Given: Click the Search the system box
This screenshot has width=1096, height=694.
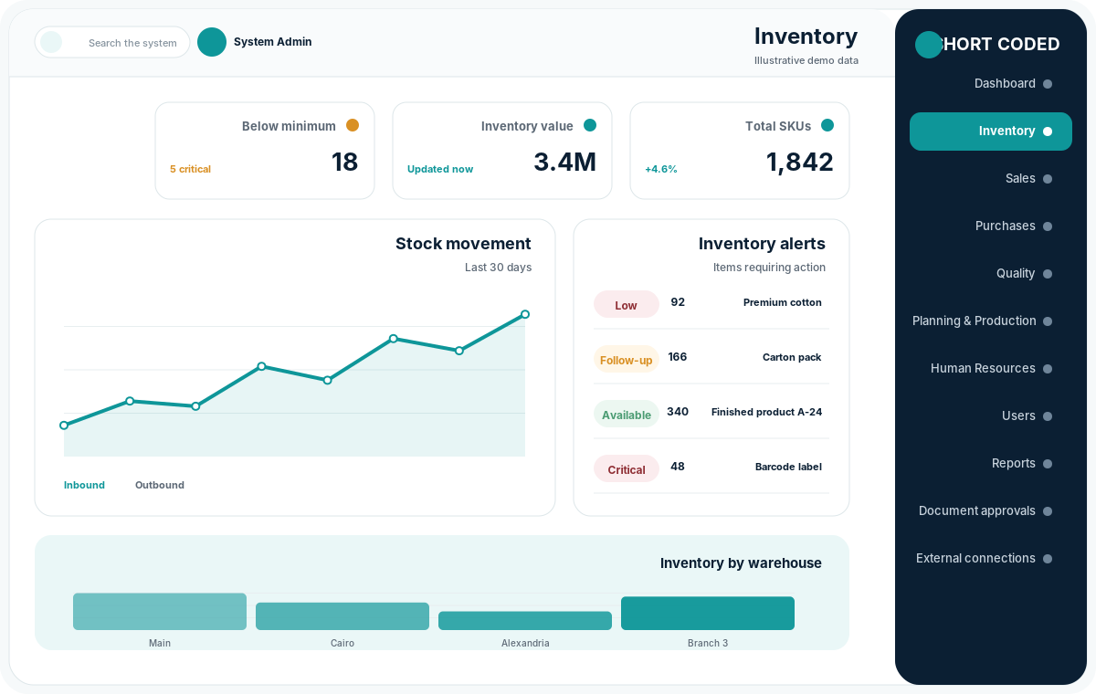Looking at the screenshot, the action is (112, 42).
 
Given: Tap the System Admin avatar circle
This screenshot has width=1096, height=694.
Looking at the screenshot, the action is (211, 42).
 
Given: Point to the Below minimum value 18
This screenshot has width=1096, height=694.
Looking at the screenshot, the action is (344, 162).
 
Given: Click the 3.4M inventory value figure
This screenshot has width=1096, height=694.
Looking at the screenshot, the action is (564, 162).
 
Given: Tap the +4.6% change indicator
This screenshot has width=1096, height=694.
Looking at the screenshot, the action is (661, 169).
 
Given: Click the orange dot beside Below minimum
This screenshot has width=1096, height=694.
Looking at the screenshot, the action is (353, 125).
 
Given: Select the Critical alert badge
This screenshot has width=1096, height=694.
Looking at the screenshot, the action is (627, 469).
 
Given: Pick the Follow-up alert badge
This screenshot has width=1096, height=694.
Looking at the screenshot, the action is (627, 360).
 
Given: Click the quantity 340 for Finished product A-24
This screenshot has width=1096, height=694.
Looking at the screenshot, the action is (678, 412).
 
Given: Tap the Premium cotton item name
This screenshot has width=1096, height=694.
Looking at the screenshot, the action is (783, 302).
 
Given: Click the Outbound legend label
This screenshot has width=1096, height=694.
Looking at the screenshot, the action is (160, 485).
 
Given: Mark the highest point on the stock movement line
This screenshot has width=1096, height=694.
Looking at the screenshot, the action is (525, 314).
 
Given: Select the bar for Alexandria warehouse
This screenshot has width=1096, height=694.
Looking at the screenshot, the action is (525, 621).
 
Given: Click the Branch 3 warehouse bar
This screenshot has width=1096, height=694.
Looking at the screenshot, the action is (708, 614).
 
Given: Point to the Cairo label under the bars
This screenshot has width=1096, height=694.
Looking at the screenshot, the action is (342, 643).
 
